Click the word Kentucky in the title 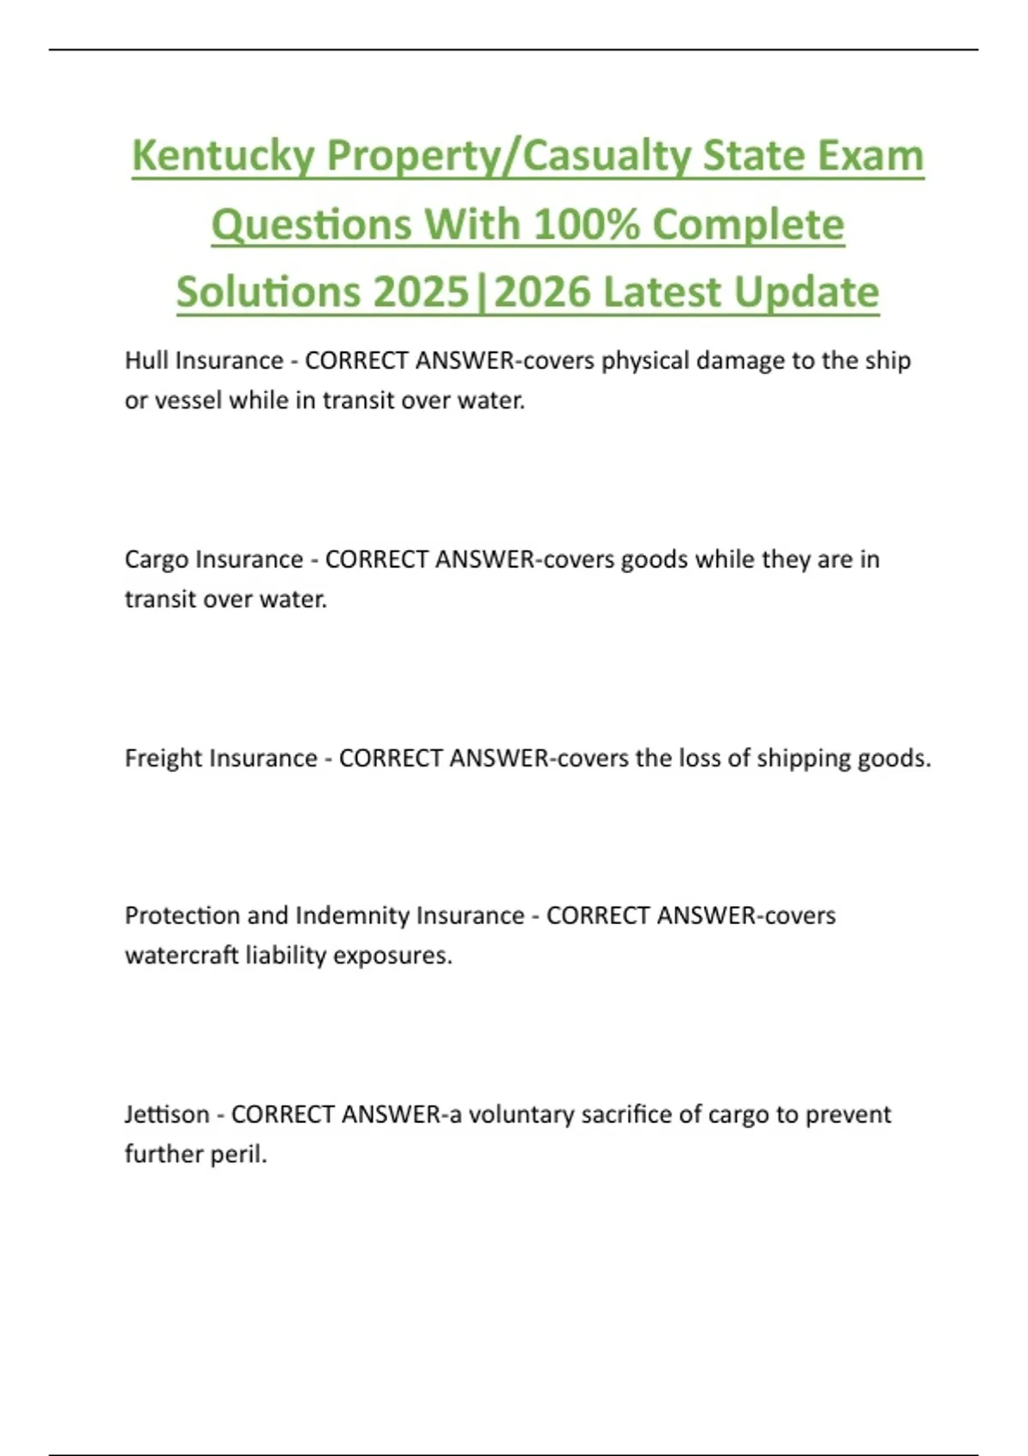tap(224, 157)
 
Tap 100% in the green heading tap(586, 225)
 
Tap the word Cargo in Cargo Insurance tap(157, 560)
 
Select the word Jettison tap(167, 1114)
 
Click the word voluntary tap(521, 1114)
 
